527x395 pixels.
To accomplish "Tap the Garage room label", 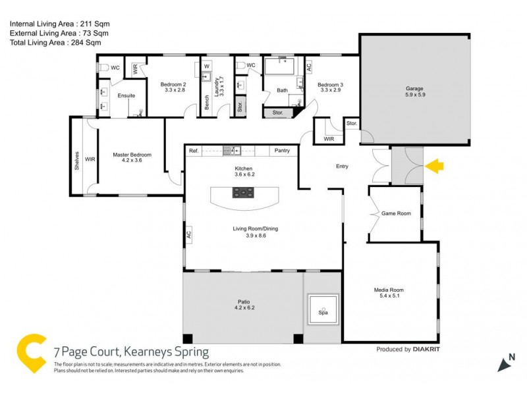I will [414, 88].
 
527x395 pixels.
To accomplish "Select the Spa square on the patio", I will [323, 307].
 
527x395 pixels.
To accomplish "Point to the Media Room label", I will [388, 290].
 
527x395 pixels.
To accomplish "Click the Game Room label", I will [396, 213].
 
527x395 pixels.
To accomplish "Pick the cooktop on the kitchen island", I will [244, 193].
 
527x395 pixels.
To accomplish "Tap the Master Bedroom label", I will [132, 155].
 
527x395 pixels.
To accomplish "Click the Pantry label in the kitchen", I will [282, 151].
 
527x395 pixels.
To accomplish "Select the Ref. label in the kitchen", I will [194, 151].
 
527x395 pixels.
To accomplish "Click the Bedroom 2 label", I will [173, 84].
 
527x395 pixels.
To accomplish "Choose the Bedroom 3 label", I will [330, 84].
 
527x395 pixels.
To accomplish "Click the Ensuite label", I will [126, 95].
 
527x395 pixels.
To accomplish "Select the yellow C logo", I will [31, 354].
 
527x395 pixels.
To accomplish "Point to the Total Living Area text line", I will [55, 42].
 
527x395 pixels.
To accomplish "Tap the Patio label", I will [244, 303].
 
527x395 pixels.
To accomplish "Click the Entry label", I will [342, 167].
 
